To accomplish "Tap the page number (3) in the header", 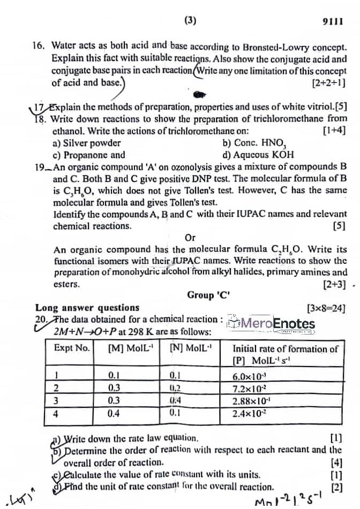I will coord(190,21).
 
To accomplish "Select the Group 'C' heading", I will coord(208,295).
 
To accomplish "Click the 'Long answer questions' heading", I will coord(87,308).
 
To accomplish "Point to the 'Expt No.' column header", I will coord(72,348).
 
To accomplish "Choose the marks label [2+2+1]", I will coord(328,83).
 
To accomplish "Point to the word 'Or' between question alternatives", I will coord(190,238).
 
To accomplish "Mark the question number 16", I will coord(39,48).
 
